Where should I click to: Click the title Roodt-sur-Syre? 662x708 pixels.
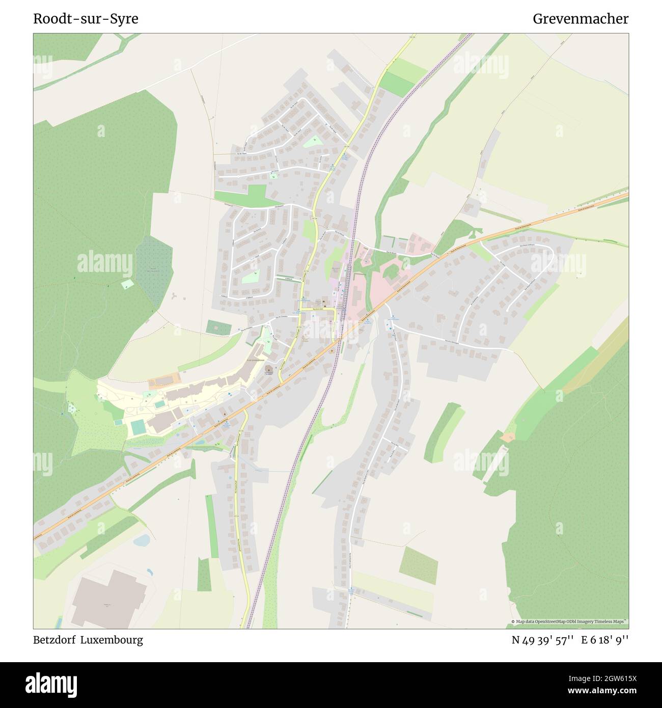[x=86, y=19]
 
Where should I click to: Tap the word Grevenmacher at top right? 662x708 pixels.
[x=580, y=19]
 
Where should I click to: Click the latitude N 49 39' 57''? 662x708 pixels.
[x=543, y=640]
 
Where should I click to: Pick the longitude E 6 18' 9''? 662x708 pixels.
[x=605, y=640]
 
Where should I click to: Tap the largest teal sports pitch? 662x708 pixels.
[x=137, y=427]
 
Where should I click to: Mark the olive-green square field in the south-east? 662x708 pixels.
[x=418, y=565]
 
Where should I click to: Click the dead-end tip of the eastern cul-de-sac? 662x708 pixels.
[x=508, y=310]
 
